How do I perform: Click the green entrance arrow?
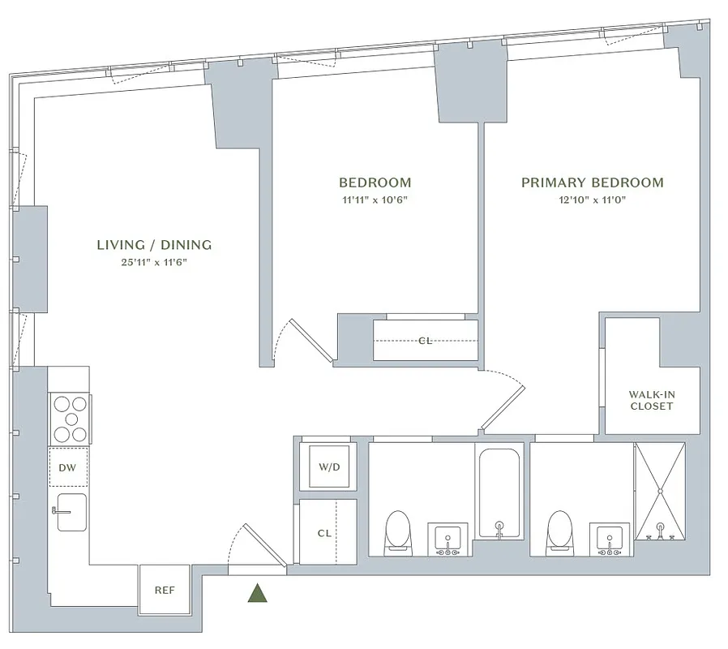[259, 594]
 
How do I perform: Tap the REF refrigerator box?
[165, 590]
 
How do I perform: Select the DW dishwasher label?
[67, 466]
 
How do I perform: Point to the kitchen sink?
[71, 512]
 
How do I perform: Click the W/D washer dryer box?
[328, 467]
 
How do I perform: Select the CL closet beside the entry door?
[325, 533]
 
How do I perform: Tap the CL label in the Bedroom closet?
[425, 341]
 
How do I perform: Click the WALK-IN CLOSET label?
[652, 400]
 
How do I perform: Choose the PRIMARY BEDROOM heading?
[592, 183]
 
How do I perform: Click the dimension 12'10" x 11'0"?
[592, 201]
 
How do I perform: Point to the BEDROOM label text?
[375, 183]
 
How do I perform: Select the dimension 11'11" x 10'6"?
[375, 201]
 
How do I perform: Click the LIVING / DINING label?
[154, 244]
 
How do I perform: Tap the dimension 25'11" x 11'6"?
[154, 262]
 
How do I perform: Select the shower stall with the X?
[659, 491]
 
